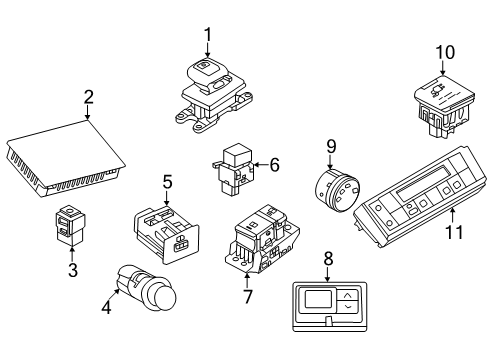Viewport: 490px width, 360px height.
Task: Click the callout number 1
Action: click(x=208, y=37)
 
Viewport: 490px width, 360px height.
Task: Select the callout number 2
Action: click(x=88, y=98)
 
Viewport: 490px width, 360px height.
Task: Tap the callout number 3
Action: click(x=71, y=271)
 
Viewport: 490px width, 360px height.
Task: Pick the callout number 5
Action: click(x=168, y=182)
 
